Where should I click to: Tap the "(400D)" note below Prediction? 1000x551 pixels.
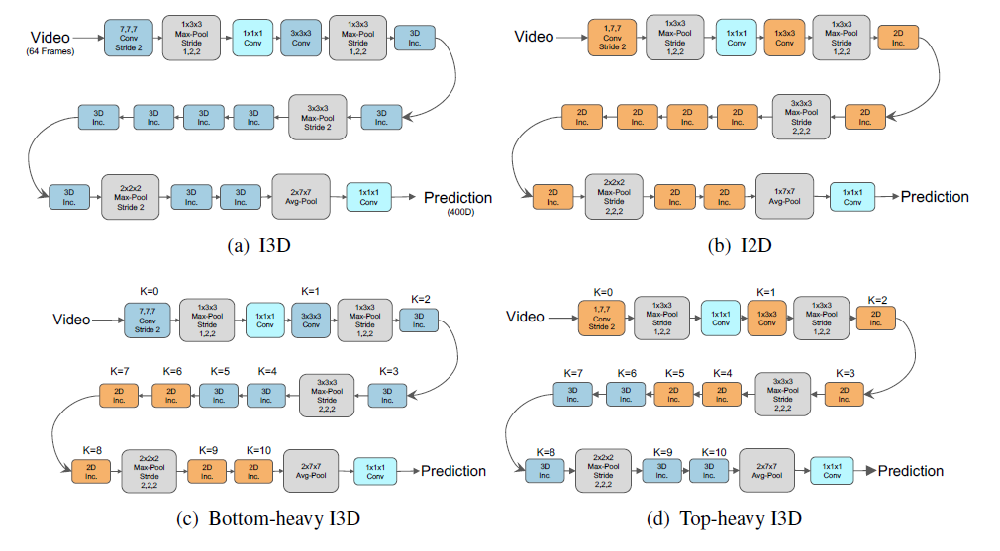tap(457, 212)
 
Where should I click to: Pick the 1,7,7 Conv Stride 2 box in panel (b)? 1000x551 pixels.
tap(611, 39)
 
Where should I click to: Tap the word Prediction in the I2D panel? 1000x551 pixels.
tap(934, 197)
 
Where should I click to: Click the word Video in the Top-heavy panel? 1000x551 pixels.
tap(525, 317)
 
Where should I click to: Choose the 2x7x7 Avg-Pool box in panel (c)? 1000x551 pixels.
tap(310, 471)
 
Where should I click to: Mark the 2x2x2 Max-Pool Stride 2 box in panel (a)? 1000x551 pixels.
tap(130, 196)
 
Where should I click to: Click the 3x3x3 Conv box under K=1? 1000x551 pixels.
tap(311, 318)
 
